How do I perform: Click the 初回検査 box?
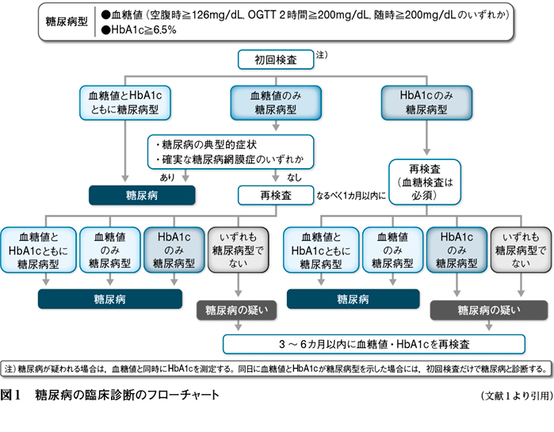point(276,59)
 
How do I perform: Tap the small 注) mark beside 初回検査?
point(322,55)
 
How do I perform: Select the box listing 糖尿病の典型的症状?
point(231,152)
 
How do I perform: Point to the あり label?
point(167,177)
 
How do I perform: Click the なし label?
point(294,178)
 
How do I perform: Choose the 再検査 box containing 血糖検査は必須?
point(425,182)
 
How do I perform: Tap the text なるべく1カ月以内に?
point(351,196)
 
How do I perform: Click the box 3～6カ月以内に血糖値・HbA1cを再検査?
point(374,344)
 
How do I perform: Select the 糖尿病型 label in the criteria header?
point(67,21)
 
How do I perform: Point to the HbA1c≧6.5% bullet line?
point(139,30)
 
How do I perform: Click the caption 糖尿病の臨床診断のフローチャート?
point(127,395)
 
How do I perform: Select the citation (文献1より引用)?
point(517,396)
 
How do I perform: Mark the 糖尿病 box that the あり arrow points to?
point(142,195)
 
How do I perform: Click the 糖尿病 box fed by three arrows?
point(110,299)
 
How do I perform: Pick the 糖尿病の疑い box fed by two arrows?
point(489,310)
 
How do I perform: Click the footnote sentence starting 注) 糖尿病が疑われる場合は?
point(276,369)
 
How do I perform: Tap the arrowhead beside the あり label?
point(185,178)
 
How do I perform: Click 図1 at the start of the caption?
point(10,395)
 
